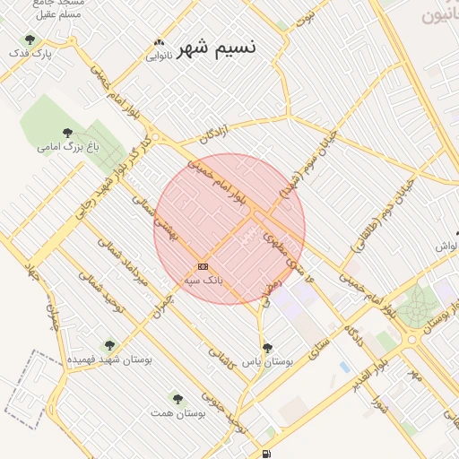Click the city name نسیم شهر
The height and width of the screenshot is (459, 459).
(x=216, y=48)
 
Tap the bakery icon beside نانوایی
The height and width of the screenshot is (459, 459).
(x=160, y=42)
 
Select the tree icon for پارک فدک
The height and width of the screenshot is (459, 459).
(x=30, y=39)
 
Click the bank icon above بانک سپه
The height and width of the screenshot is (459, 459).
(x=204, y=266)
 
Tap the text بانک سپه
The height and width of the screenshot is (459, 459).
(x=204, y=281)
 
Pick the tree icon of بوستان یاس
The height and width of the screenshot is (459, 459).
(x=267, y=348)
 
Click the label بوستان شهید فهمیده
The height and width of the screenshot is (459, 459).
(x=111, y=359)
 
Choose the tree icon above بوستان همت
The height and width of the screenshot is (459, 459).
(x=177, y=398)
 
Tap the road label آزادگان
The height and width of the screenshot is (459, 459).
(x=214, y=134)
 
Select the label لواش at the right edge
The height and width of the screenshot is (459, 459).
(x=446, y=246)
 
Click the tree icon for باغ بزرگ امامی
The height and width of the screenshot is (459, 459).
(x=68, y=131)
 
